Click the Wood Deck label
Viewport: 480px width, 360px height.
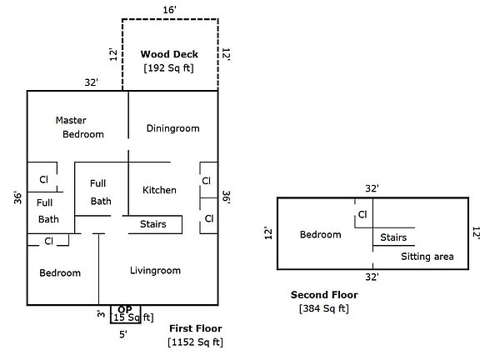[x=169, y=54]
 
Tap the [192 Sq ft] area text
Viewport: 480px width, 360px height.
[x=169, y=67]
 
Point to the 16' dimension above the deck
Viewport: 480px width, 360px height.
[x=169, y=8]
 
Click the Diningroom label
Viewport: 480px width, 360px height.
[x=172, y=128]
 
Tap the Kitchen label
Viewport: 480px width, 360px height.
[x=159, y=190]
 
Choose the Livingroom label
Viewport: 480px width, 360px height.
[x=155, y=270]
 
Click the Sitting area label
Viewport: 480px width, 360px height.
[x=427, y=257]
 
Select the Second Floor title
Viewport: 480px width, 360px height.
[x=323, y=295]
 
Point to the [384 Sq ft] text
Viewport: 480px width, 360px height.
[x=323, y=308]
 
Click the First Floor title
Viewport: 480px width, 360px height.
[x=195, y=328]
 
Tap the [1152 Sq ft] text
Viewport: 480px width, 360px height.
[x=195, y=342]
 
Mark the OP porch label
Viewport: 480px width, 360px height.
[x=125, y=309]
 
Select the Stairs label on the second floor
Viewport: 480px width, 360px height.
[x=393, y=237]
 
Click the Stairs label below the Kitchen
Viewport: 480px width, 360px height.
[x=153, y=224]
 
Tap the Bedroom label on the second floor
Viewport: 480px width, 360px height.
[x=321, y=235]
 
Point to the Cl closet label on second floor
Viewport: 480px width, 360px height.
[x=362, y=215]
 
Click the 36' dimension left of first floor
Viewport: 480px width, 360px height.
[x=17, y=197]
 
